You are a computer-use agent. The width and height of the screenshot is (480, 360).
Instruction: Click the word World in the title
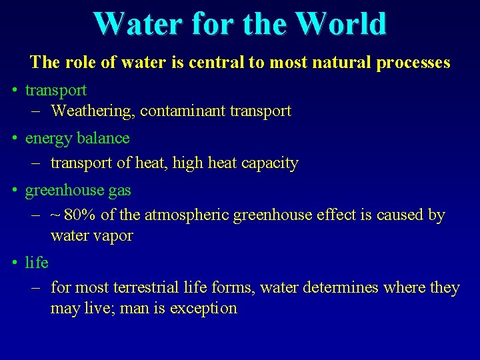[341, 24]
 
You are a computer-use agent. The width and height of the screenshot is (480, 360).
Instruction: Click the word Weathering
[93, 111]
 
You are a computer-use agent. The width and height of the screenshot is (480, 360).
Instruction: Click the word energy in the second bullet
[48, 139]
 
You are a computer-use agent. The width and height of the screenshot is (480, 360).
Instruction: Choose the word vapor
[112, 236]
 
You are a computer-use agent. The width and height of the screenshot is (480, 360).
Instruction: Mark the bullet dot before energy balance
[14, 139]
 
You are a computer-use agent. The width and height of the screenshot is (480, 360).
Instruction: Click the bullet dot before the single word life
[14, 263]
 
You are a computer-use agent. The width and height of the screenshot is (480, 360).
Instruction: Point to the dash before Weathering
[37, 111]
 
